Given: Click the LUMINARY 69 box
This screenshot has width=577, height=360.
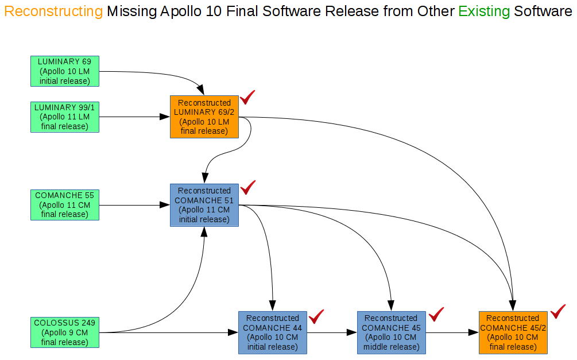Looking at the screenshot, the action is point(65,71).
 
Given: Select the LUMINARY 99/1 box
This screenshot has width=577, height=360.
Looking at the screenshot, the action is point(65,117).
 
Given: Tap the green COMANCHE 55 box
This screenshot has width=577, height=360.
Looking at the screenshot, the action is point(65,205).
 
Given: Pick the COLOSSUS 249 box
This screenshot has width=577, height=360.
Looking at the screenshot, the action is point(65,332).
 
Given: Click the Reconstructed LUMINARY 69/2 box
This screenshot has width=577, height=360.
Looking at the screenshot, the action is point(204,117).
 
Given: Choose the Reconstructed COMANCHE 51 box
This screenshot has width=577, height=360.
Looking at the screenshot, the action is point(204,205).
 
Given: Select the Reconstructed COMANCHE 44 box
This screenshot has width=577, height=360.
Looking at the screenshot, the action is point(273,332).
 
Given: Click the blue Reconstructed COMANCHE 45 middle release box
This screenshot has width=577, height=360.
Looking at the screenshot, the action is point(392,332).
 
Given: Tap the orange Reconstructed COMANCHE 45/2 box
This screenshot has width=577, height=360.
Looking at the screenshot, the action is point(513,332).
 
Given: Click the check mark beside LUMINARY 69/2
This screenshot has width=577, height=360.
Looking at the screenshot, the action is point(247,97).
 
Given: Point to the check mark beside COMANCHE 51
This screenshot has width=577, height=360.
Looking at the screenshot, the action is point(248,187).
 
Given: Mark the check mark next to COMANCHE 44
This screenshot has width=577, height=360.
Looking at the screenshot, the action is point(316,316).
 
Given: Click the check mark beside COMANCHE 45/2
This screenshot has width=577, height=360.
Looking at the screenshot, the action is point(558,311).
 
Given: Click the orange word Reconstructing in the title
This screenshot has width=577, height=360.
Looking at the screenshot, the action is point(53,11).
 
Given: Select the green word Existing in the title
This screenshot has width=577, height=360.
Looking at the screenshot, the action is point(484,11).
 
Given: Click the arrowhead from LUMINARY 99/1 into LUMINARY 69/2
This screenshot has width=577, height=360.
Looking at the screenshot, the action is point(165,117).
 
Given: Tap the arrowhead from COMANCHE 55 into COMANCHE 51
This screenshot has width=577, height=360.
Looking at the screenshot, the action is point(165,205).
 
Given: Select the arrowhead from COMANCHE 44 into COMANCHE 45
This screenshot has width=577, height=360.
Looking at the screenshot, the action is point(352,332).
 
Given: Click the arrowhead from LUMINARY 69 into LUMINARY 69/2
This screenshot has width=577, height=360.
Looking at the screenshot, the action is point(200,90).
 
